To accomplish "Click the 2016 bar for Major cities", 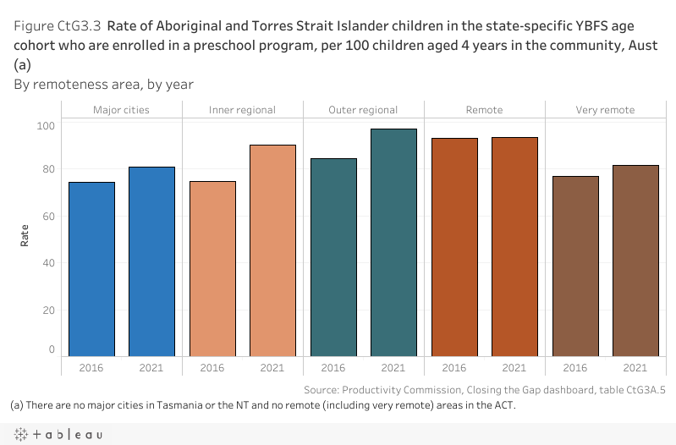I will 91,269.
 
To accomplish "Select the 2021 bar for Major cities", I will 151,261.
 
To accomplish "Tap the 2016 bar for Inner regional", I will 212,269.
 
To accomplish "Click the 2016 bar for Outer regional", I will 333,257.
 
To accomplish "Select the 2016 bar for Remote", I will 454,247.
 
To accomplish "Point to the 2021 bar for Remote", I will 514,246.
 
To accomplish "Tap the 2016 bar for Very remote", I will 575,266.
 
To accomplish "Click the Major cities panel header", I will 121,110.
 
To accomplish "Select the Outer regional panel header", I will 363,110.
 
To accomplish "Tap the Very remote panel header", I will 605,110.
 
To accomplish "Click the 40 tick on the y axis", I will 47,263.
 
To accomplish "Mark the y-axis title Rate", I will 25,234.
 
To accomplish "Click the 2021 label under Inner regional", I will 272,368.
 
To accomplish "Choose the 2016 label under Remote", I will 454,368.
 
